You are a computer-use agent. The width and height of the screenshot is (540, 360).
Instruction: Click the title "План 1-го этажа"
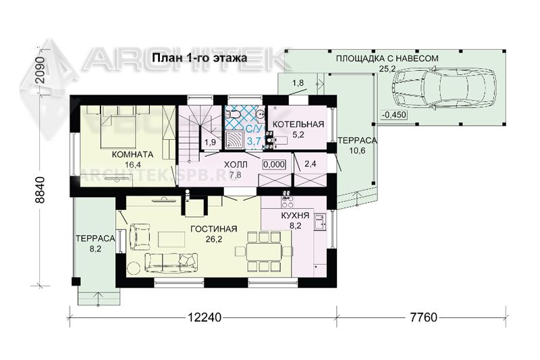point(199,57)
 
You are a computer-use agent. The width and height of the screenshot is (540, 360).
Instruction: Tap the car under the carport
point(445,88)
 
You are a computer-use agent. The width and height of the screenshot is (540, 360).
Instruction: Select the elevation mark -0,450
point(394,115)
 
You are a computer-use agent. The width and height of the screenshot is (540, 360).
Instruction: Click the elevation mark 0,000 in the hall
point(274,164)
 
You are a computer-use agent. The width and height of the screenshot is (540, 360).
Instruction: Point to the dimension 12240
point(205,317)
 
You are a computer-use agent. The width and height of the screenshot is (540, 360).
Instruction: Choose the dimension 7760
point(424,317)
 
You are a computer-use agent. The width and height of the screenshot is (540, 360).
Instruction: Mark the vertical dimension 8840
point(40,190)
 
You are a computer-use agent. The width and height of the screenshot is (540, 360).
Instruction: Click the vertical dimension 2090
point(40,70)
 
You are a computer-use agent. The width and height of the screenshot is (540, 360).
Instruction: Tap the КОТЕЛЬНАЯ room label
point(298,124)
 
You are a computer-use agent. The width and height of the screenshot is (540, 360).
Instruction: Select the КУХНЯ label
point(295,216)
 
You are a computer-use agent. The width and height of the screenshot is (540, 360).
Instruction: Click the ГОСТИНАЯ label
point(213,229)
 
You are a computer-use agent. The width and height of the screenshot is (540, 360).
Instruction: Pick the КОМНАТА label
point(132,155)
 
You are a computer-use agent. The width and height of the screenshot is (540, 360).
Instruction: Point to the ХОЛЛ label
point(236,165)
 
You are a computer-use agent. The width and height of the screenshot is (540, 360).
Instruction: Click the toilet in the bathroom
point(234,113)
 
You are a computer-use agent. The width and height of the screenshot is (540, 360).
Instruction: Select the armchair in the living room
point(140,236)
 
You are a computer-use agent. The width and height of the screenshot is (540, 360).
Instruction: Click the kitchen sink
point(320,221)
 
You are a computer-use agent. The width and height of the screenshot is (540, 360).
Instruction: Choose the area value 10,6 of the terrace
point(357,151)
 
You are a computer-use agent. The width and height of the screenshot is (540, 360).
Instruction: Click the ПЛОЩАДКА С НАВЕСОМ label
point(387,58)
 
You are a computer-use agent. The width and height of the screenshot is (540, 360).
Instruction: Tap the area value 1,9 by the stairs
point(210,142)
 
